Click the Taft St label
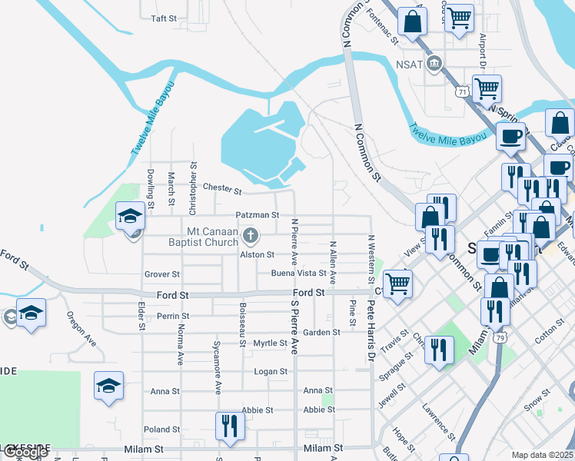164,18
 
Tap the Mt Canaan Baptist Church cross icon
249,235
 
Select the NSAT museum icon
435,63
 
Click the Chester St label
222,188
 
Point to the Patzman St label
257,217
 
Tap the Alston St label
257,254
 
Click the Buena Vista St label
298,274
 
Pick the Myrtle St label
270,343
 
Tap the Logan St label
271,371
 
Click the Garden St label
321,333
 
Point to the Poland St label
161,429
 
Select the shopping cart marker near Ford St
397,283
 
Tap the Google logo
25,453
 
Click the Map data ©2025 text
542,455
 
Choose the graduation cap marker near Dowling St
131,217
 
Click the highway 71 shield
462,91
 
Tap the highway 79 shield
500,337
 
